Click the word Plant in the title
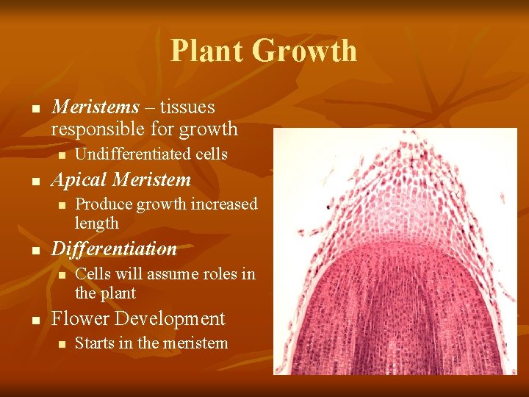(207, 51)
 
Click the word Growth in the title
(305, 51)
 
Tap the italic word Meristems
(96, 107)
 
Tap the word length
(96, 223)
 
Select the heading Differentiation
(114, 248)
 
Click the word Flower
(81, 318)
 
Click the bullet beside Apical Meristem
(35, 181)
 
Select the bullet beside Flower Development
(35, 320)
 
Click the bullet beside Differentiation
(35, 250)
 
